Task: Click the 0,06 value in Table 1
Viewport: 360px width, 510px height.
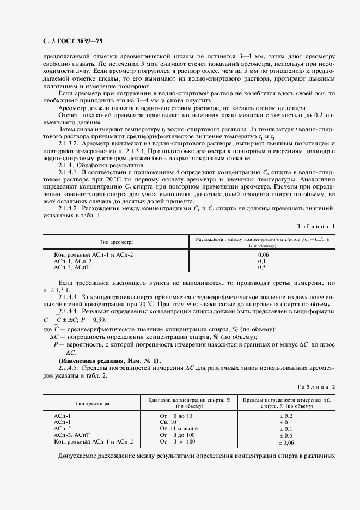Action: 262,254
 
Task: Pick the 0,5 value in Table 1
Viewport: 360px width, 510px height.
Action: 262,268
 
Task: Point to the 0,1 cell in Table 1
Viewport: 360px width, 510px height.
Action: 262,261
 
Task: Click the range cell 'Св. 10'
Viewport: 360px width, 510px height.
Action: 168,422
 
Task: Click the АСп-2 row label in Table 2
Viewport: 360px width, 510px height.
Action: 62,429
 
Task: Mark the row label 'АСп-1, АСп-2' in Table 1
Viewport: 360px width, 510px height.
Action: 72,261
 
